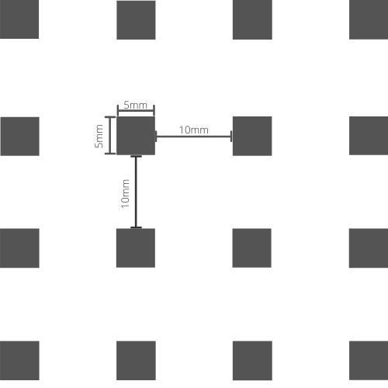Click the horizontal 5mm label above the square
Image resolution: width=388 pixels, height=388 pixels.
click(135, 105)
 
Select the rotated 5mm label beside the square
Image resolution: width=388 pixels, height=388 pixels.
click(99, 136)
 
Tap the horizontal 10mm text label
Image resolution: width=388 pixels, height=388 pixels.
click(194, 130)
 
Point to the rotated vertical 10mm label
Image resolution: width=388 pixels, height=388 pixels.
click(125, 193)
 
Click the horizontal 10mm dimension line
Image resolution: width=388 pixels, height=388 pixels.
click(194, 137)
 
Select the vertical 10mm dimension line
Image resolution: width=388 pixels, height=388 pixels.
click(136, 192)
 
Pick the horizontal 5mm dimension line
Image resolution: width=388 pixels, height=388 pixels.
click(136, 111)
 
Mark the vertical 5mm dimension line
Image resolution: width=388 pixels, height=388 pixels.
click(110, 135)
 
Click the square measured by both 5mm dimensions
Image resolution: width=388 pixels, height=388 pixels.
click(136, 136)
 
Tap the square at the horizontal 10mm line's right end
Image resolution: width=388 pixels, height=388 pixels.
click(252, 136)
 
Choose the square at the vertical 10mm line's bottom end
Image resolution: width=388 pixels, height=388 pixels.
click(136, 248)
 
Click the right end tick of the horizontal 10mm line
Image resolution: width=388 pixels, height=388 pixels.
click(231, 137)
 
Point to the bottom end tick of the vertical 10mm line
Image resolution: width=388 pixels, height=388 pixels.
click(136, 227)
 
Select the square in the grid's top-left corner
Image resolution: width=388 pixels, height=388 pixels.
click(19, 19)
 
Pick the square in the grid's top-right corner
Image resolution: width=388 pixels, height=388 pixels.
click(369, 19)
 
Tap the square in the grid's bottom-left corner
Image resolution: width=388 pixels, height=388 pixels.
click(19, 361)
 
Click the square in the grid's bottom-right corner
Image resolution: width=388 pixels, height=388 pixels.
click(369, 361)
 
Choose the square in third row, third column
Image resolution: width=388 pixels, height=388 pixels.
click(252, 248)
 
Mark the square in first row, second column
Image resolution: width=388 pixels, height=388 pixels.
click(136, 20)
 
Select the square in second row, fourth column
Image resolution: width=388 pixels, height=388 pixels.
click(369, 136)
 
